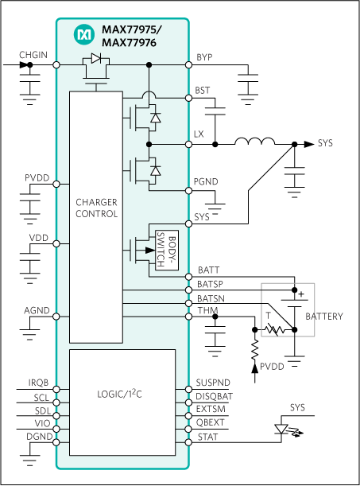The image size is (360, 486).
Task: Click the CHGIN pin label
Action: (33, 55)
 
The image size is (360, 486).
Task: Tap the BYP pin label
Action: (204, 57)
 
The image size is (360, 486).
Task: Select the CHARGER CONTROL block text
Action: (97, 208)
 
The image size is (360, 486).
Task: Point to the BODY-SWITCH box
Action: (168, 248)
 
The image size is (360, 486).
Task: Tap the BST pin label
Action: (203, 91)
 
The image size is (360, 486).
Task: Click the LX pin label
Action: (199, 134)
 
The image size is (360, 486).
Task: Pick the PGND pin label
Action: (206, 182)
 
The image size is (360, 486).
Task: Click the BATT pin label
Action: (207, 270)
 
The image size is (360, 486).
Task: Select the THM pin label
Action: (207, 311)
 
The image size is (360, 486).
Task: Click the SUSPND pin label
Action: (213, 383)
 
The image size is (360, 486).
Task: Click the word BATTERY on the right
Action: (324, 317)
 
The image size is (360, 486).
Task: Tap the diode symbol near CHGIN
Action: (95, 58)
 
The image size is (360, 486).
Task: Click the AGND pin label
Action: (37, 310)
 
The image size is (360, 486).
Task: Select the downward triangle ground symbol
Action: (280, 429)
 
